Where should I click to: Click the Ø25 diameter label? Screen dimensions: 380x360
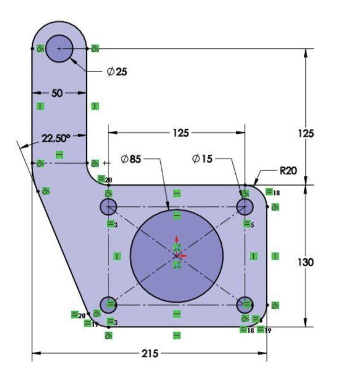(x=117, y=72)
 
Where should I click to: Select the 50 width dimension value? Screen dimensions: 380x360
(x=57, y=94)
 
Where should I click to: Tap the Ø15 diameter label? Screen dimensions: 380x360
(x=203, y=160)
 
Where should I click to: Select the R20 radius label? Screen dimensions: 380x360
(x=288, y=170)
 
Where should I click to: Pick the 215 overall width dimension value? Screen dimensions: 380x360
(x=149, y=354)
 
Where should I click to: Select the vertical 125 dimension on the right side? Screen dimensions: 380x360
(x=306, y=133)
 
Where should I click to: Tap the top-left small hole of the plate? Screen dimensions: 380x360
(x=108, y=207)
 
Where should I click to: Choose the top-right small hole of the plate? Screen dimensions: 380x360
(x=245, y=207)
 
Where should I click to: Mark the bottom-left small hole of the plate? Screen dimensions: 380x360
(x=108, y=305)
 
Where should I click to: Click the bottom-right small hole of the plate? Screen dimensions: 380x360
(x=245, y=305)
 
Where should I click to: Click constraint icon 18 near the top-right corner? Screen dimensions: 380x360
(x=270, y=192)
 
